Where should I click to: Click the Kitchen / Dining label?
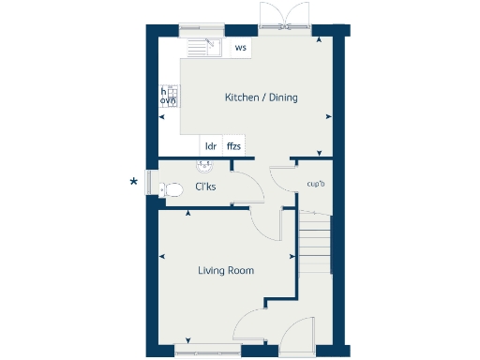(261, 97)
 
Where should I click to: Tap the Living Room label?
(225, 270)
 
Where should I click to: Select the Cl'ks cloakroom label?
(205, 187)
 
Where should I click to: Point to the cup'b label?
(316, 183)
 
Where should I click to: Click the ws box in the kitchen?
(241, 48)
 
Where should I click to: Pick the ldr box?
(211, 146)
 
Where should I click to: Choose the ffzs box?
(233, 146)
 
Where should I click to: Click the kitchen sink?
(202, 48)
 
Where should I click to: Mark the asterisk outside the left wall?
(134, 181)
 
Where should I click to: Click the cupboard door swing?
(281, 181)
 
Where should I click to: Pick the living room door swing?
(267, 223)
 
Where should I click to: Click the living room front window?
(206, 351)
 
